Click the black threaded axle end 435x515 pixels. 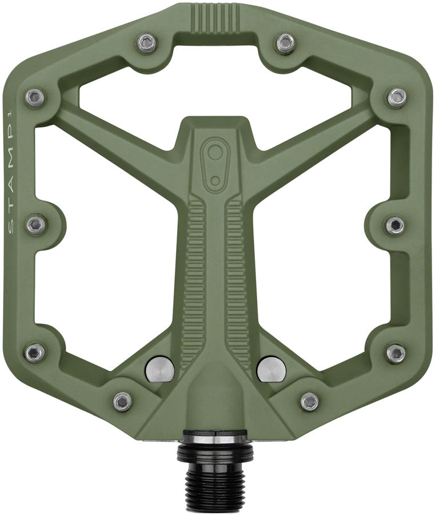pos(215,486)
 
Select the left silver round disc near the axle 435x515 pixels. pos(161,369)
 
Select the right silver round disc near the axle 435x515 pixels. pos(271,369)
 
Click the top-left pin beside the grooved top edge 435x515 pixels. pos(147,43)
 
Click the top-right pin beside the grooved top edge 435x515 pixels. pos(285,43)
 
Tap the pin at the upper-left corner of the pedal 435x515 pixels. pos(35,97)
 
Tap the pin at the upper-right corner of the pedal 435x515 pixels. pos(397,97)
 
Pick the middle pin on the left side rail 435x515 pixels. pos(37,224)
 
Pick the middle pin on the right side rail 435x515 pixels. pos(396,224)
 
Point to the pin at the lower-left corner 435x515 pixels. pos(35,352)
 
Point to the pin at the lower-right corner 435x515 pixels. pos(396,352)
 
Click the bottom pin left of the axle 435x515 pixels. pos(122,401)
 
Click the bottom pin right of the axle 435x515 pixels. pos(309,401)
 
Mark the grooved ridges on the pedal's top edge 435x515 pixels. pos(216,16)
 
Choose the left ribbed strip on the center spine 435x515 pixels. pos(195,275)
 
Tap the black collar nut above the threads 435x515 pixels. pos(215,449)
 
